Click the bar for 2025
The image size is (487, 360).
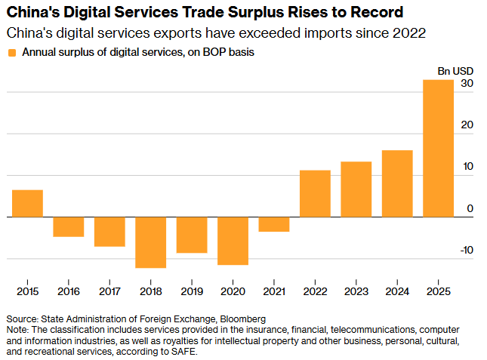coord(438,148)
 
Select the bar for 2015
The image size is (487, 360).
coord(27,203)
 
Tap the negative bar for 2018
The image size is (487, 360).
coord(150,242)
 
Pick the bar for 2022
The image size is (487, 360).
coord(315,193)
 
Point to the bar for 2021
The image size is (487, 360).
coord(274,224)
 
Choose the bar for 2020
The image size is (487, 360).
coord(233,241)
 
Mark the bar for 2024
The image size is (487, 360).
coord(397,183)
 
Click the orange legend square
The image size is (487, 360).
coord(11,53)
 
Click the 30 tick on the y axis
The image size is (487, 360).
coord(467,84)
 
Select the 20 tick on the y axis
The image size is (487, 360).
coord(467,125)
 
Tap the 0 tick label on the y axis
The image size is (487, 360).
coord(470,208)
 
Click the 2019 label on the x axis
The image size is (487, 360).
coord(192,291)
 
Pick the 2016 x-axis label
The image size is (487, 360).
coord(68,291)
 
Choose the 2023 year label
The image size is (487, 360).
coord(356,291)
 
